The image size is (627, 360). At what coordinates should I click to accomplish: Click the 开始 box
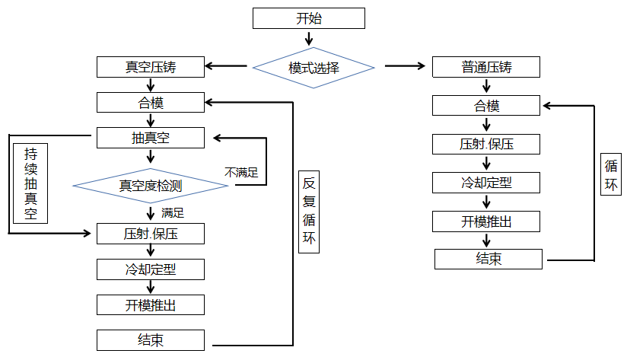coord(309,18)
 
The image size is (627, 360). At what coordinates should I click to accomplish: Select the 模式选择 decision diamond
coord(313,68)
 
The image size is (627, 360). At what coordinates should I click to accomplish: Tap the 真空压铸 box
coord(151,67)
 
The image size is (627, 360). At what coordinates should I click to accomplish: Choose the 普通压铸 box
coord(485,67)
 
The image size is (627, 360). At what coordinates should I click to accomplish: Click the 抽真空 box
coord(151,138)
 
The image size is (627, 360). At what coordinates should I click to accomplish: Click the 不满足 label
coord(241,173)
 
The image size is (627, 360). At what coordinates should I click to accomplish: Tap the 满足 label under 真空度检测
coord(173,212)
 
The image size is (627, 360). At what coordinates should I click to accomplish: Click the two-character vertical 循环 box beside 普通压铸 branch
coord(611,176)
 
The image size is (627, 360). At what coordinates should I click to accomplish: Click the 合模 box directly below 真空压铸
coord(151,102)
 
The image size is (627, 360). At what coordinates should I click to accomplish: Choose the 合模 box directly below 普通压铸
coord(487,106)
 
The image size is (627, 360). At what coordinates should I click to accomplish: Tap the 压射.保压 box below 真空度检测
coord(151,233)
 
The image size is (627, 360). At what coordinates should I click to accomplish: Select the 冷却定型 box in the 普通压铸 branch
coord(487,183)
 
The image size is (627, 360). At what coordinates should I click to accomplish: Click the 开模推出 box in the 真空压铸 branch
coord(151,304)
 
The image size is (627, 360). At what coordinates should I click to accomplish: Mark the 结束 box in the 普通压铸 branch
coord(489,259)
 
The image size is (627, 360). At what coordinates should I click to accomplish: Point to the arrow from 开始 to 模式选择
coord(309,38)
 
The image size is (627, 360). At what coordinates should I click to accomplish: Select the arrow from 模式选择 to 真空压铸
coord(227,67)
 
